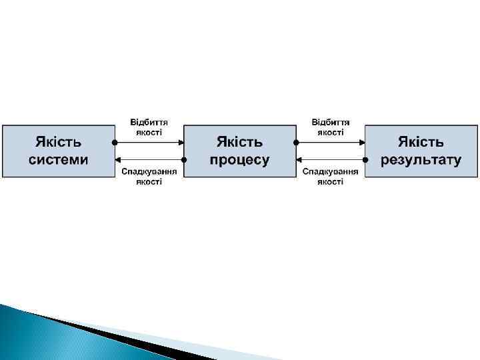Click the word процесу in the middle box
click(x=239, y=159)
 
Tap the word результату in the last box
click(x=421, y=159)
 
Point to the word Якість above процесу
click(x=240, y=142)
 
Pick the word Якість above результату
click(x=421, y=142)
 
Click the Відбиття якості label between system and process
click(x=149, y=127)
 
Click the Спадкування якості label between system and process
click(x=149, y=176)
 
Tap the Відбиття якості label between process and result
click(x=331, y=127)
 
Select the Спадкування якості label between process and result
click(x=331, y=176)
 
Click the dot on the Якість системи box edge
click(x=115, y=142)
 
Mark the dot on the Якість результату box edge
click(x=365, y=160)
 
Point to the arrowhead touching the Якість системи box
click(x=118, y=160)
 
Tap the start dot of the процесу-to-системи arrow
click(x=183, y=160)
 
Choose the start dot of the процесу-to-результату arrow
click(x=296, y=142)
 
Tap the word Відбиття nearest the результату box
click(x=331, y=122)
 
